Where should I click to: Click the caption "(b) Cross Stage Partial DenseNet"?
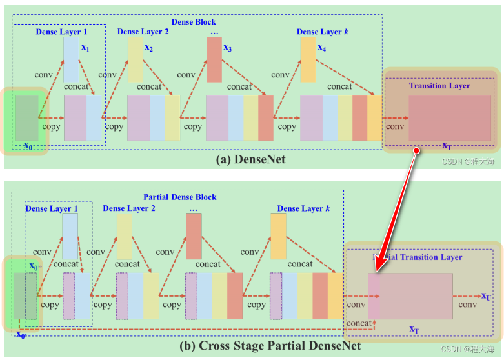click(270, 346)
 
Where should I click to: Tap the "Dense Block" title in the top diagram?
click(194, 22)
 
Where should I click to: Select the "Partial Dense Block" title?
click(179, 197)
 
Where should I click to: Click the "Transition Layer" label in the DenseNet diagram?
click(439, 85)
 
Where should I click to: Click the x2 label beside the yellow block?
click(149, 47)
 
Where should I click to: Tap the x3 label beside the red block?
click(228, 47)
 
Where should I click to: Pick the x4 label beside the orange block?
click(322, 47)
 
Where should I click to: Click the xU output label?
click(485, 296)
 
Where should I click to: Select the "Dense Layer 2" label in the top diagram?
click(143, 31)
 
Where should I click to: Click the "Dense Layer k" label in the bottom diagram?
click(303, 208)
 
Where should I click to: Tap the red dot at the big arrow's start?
click(417, 150)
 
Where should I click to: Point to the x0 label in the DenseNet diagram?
click(28, 145)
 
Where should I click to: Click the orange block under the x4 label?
click(308, 59)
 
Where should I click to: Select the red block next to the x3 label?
click(214, 59)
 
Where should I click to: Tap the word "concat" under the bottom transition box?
click(359, 323)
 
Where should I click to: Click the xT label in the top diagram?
click(447, 146)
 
